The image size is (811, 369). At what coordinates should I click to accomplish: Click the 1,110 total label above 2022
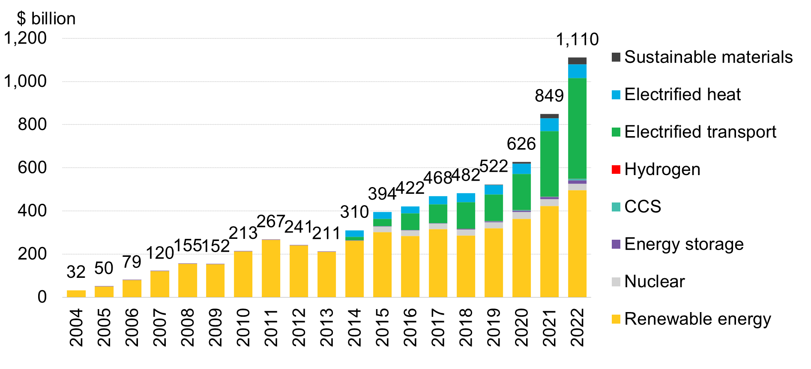click(577, 39)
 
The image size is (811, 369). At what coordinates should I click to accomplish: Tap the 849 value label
click(549, 95)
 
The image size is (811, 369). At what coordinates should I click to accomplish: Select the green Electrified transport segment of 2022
click(577, 128)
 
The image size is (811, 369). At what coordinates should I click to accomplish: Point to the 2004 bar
click(76, 294)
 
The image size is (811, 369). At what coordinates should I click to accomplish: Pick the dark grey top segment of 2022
click(577, 61)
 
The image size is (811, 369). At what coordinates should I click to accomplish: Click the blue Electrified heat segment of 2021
click(549, 125)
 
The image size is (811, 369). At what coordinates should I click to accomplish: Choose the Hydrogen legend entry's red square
click(616, 170)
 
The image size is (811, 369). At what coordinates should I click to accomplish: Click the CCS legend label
click(643, 207)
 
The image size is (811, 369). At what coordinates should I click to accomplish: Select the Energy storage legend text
click(684, 244)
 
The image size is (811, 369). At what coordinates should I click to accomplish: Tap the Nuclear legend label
click(654, 282)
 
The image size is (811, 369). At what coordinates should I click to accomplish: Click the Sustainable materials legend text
click(708, 57)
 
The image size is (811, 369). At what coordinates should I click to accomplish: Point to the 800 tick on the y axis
click(32, 125)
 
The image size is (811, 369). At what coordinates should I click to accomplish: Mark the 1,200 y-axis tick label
click(26, 38)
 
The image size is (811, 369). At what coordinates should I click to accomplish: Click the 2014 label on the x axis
click(355, 327)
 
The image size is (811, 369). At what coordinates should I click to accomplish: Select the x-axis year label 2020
click(521, 327)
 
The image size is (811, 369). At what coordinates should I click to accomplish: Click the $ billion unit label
click(46, 19)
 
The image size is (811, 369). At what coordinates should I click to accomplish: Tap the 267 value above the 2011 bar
click(271, 222)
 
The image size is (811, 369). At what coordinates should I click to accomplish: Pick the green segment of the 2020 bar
click(521, 192)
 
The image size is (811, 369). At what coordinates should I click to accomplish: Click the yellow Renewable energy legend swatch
click(616, 319)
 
